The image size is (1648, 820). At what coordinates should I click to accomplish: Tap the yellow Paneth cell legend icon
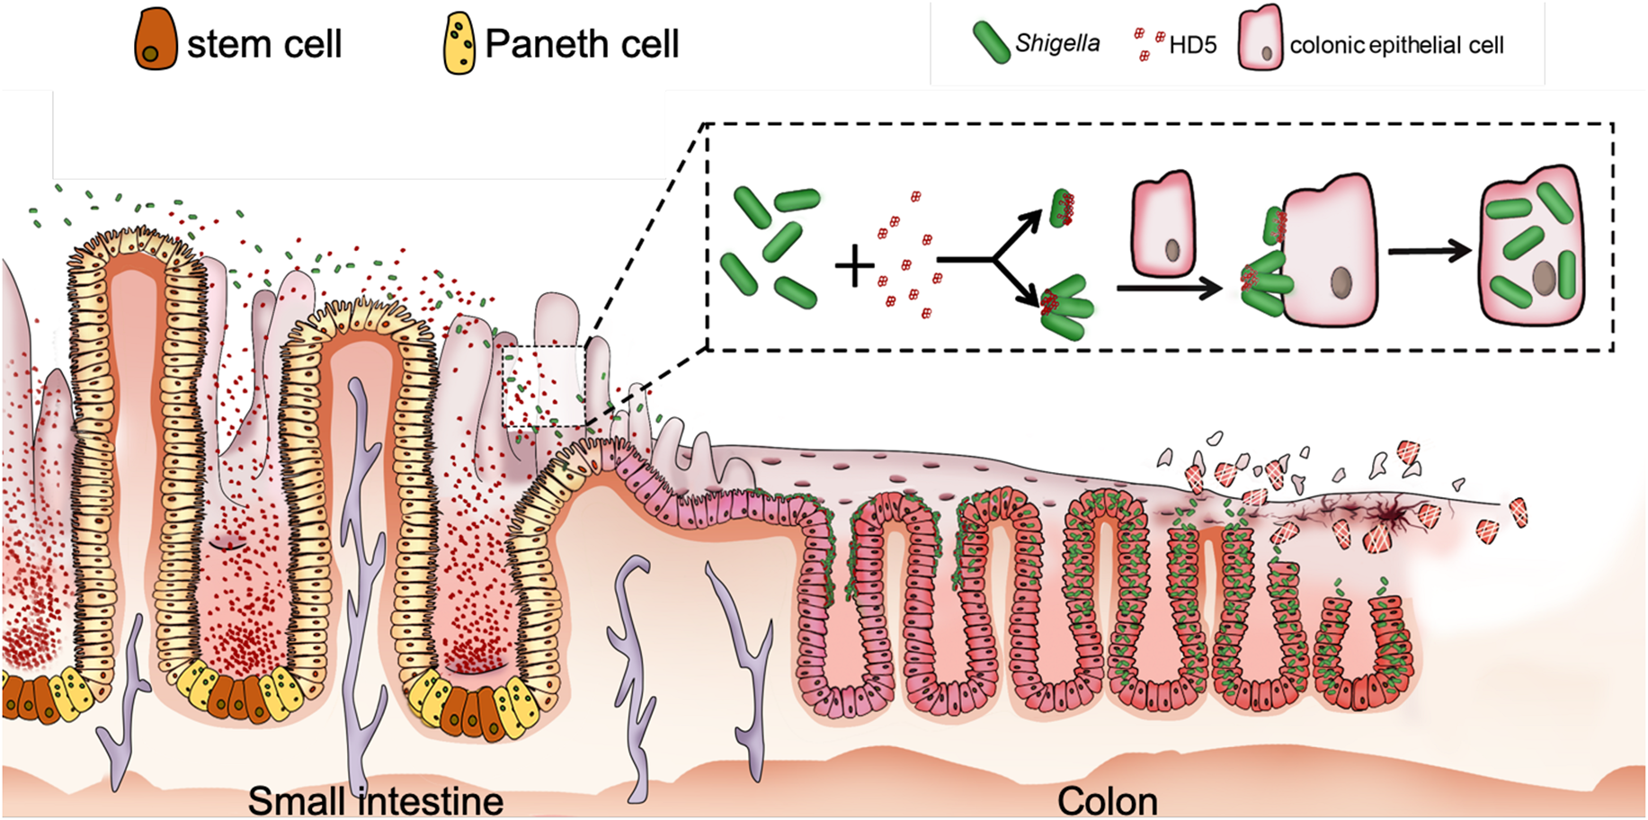(x=460, y=42)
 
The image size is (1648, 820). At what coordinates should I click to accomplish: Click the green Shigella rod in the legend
(x=991, y=42)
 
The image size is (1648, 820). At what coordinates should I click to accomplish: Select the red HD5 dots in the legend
(x=1146, y=44)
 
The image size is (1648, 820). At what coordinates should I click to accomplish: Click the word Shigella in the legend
(x=1057, y=43)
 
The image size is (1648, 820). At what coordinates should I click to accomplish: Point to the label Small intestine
(x=375, y=800)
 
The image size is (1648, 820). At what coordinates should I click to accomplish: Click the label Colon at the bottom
(x=1107, y=800)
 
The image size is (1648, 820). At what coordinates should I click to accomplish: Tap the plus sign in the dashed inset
(x=854, y=267)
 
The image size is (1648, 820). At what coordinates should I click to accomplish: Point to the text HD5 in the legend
(x=1193, y=45)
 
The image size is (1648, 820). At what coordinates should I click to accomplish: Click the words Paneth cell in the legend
(x=582, y=43)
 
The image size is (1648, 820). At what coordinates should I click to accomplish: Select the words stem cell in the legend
(x=264, y=43)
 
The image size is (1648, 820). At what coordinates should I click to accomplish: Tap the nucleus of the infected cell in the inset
(x=1544, y=277)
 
